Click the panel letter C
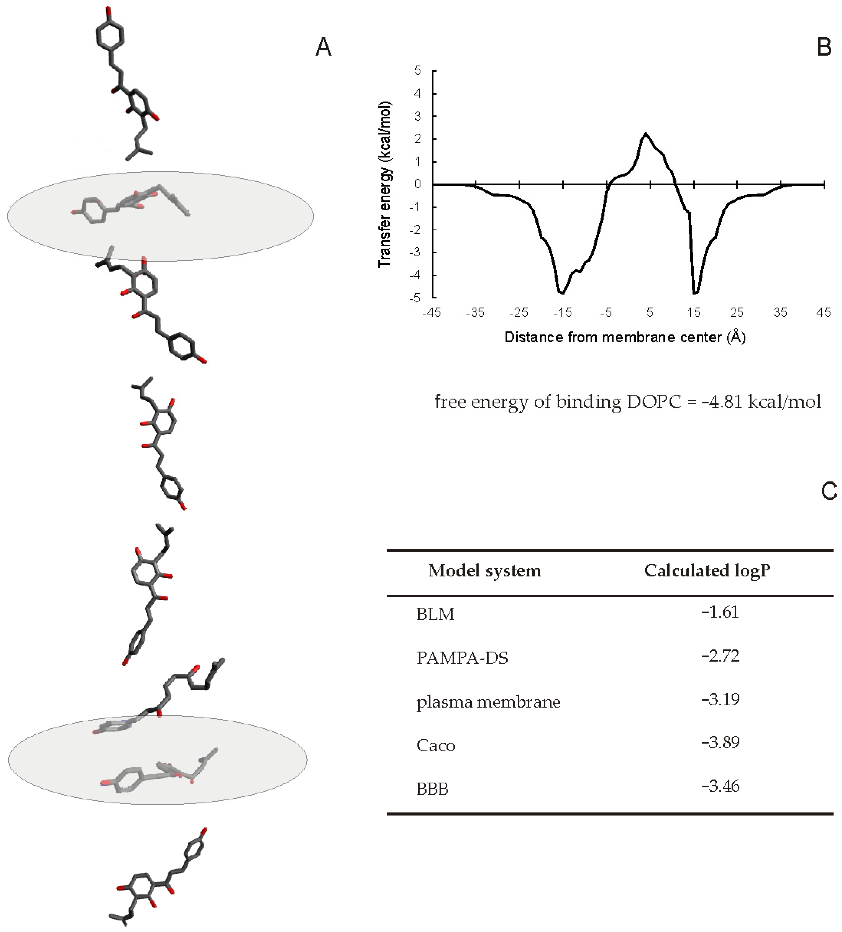tap(829, 491)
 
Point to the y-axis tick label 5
tap(418, 71)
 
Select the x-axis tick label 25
tap(737, 313)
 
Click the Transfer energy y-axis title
tap(385, 184)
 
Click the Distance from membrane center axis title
tap(625, 337)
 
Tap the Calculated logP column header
tap(707, 570)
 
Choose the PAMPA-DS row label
tap(462, 657)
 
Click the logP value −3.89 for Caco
tap(720, 742)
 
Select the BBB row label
tap(432, 788)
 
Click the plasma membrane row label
tap(488, 702)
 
